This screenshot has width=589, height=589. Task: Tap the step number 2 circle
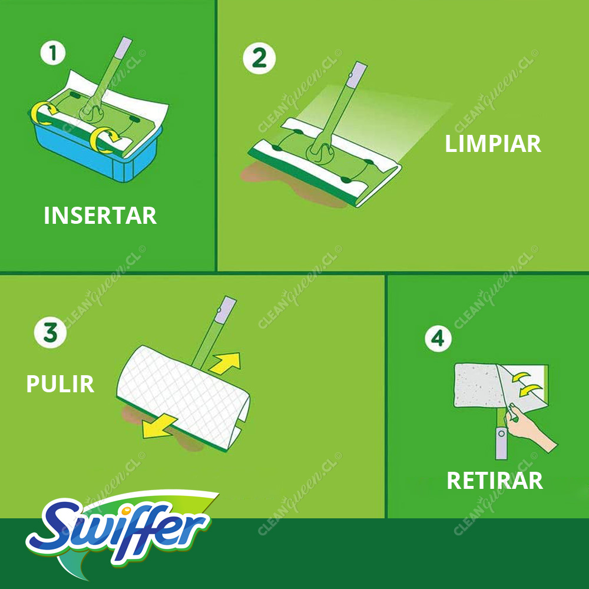pos(259,58)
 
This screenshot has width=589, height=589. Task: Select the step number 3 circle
pos(50,332)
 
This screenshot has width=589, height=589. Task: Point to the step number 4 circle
pos(438,339)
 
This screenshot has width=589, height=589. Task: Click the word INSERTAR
pos(100,216)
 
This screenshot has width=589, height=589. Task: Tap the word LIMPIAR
pos(493,144)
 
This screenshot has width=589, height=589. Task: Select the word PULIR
pos(60,384)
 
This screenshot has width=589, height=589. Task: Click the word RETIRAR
pos(495,481)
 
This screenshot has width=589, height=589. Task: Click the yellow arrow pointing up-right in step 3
pos(226,363)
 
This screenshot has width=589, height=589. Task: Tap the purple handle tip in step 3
pos(225,310)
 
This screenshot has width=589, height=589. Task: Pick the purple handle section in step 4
pos(501,444)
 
